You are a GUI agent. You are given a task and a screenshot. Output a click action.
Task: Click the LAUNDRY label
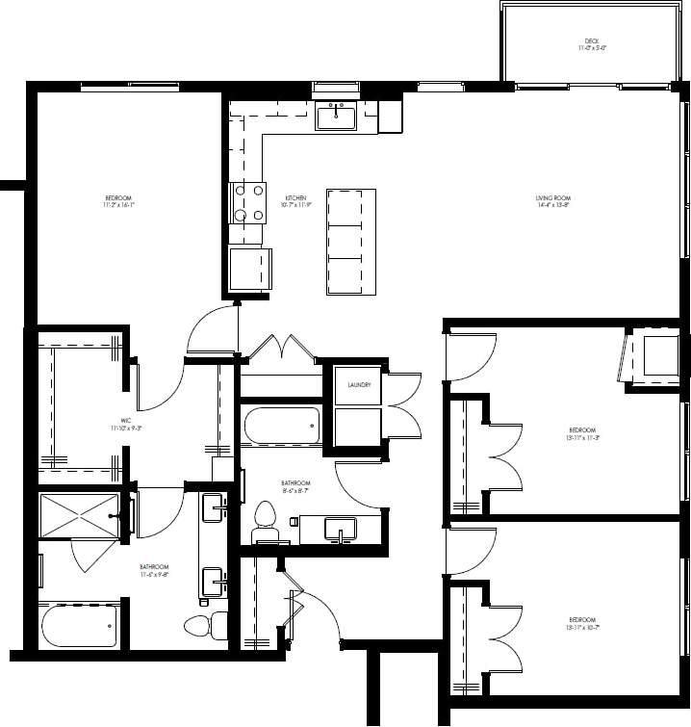pyautogui.click(x=359, y=385)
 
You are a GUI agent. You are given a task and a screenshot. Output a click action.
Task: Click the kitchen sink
pyautogui.click(x=336, y=117)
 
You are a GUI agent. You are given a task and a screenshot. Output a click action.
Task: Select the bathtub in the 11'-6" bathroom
pyautogui.click(x=79, y=625)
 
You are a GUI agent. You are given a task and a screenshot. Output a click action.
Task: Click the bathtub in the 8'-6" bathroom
pyautogui.click(x=280, y=426)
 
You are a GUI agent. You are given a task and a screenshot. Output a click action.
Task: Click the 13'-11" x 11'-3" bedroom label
pyautogui.click(x=581, y=432)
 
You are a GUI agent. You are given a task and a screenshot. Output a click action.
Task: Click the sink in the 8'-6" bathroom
pyautogui.click(x=341, y=529)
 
